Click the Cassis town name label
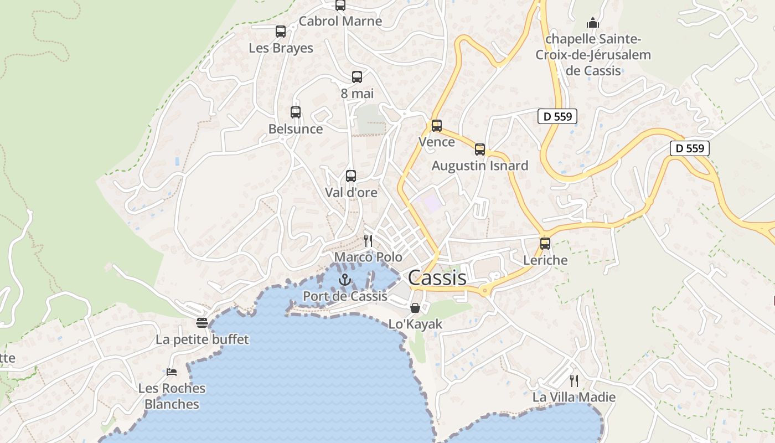click(x=437, y=278)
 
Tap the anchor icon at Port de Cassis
click(x=345, y=280)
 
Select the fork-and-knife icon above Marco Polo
click(x=368, y=240)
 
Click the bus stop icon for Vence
click(x=437, y=126)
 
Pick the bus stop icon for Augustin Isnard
click(x=480, y=150)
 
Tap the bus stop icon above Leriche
click(x=545, y=244)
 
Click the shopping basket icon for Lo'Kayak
click(x=415, y=308)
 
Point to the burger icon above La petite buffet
click(x=202, y=323)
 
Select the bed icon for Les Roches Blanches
click(x=172, y=372)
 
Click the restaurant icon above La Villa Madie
click(x=574, y=380)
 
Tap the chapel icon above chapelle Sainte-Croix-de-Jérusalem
click(x=593, y=23)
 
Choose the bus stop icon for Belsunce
click(x=296, y=112)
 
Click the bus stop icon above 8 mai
click(x=357, y=77)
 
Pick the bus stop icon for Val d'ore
click(x=351, y=176)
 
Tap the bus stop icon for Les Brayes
click(x=281, y=32)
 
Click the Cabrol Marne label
click(x=340, y=21)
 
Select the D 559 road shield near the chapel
click(x=557, y=116)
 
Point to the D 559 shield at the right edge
click(x=689, y=148)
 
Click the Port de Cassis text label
click(x=345, y=296)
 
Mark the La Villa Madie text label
click(x=574, y=397)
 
